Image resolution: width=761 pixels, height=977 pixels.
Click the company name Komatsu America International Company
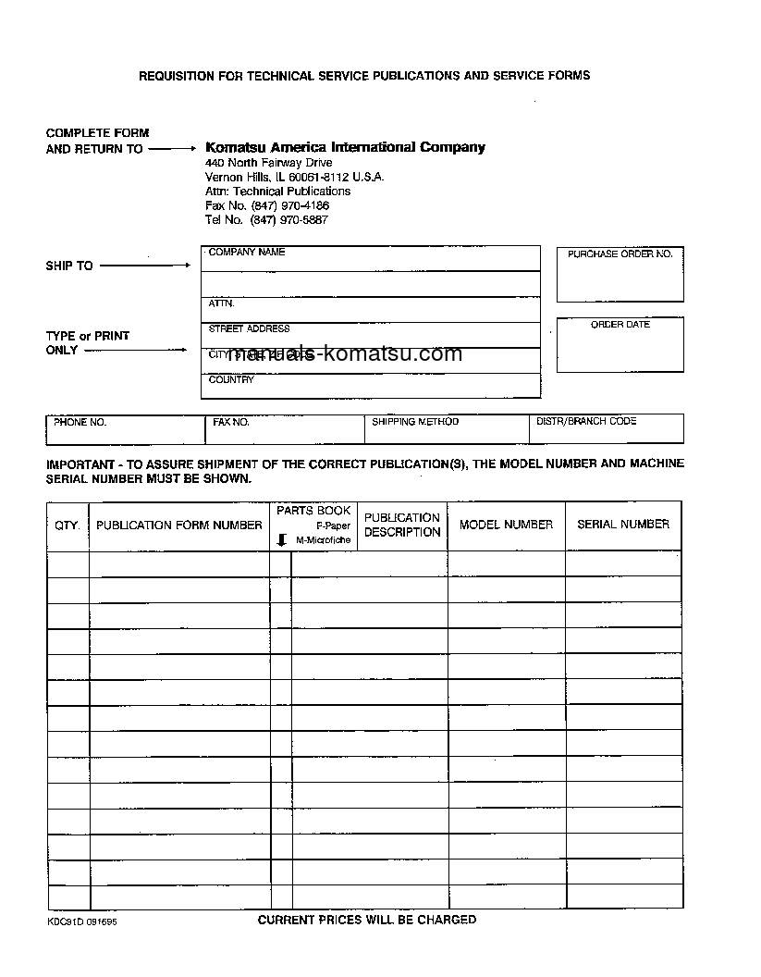pyautogui.click(x=345, y=147)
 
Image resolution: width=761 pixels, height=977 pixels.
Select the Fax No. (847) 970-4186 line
pyautogui.click(x=267, y=205)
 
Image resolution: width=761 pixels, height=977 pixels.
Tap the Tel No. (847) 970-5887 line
pyautogui.click(x=266, y=220)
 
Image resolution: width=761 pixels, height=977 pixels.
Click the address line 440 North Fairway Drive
pyautogui.click(x=268, y=163)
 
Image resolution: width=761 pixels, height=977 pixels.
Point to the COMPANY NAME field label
pyautogui.click(x=247, y=252)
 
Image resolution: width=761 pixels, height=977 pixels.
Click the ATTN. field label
pyautogui.click(x=222, y=303)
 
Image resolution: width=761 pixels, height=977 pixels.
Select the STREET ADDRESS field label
pyautogui.click(x=249, y=328)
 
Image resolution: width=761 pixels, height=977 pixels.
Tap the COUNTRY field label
pyautogui.click(x=231, y=379)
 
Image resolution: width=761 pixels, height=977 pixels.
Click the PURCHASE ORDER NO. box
pyautogui.click(x=620, y=275)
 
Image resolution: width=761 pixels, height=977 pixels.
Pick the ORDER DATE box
pyautogui.click(x=620, y=345)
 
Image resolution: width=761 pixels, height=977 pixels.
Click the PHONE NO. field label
pyautogui.click(x=80, y=422)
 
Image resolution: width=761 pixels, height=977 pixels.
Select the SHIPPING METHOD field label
pyautogui.click(x=415, y=422)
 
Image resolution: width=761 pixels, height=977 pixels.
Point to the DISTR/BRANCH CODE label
pyautogui.click(x=586, y=422)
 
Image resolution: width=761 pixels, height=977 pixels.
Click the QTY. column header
pyautogui.click(x=68, y=526)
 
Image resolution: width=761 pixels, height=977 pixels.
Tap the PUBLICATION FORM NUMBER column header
pyautogui.click(x=179, y=526)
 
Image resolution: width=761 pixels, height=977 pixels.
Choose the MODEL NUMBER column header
pyautogui.click(x=506, y=525)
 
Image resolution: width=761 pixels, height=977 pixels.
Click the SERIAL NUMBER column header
pyautogui.click(x=623, y=525)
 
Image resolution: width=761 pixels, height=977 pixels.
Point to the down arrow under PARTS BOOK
pyautogui.click(x=282, y=539)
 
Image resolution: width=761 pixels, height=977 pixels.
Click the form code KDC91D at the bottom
pyautogui.click(x=65, y=921)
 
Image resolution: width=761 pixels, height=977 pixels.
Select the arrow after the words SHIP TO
pyautogui.click(x=144, y=266)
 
